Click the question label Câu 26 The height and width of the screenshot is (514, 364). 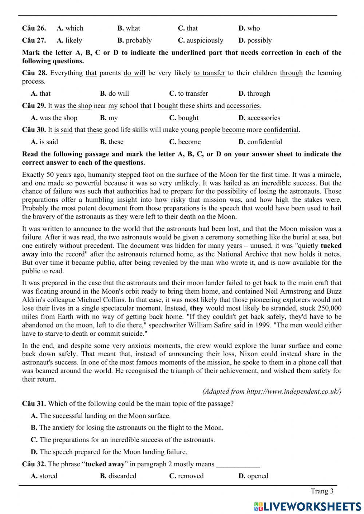(x=34, y=28)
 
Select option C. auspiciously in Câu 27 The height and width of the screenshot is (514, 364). (x=200, y=40)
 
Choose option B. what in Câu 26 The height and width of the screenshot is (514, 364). (x=128, y=28)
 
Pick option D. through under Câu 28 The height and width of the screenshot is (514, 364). (x=254, y=93)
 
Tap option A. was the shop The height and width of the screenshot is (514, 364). (x=54, y=118)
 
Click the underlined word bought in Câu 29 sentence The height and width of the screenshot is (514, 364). (x=167, y=106)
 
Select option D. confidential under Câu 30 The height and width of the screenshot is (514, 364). (x=260, y=142)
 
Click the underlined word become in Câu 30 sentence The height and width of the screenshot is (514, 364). (x=233, y=130)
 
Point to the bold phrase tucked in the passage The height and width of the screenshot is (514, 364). (x=331, y=246)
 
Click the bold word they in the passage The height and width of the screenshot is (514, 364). (x=197, y=308)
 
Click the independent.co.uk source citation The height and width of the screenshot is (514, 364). (x=272, y=391)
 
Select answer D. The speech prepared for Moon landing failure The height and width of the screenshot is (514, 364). (x=109, y=452)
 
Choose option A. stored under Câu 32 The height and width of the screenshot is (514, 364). (x=44, y=476)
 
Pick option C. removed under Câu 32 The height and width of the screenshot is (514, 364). (x=186, y=476)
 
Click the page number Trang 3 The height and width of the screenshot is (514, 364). (x=322, y=491)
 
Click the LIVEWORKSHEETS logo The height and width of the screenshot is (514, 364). (x=307, y=506)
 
